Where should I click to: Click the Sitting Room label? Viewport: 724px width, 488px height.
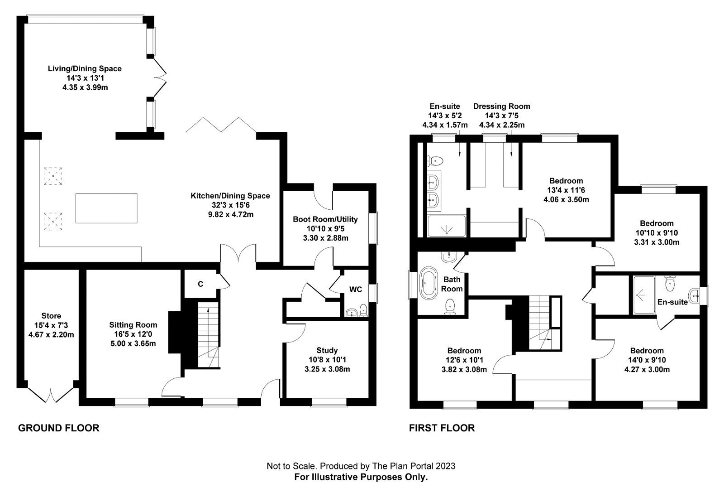pos(133,324)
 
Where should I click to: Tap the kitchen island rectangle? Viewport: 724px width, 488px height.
pos(106,208)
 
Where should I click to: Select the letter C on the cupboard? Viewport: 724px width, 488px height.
pos(200,284)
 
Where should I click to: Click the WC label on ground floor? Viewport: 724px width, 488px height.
pos(356,290)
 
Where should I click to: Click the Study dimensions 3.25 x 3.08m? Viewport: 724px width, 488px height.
pos(327,369)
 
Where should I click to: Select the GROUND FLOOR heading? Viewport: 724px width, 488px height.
pos(58,428)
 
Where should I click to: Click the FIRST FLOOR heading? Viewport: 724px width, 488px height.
pos(442,428)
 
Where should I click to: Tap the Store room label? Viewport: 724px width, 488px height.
pos(51,316)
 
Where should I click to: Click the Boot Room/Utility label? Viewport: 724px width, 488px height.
pos(325,219)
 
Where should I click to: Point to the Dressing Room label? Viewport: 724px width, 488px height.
pos(501,106)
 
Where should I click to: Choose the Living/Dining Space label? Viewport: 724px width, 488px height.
pos(85,69)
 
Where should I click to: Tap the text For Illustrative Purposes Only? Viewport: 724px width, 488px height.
pos(361,477)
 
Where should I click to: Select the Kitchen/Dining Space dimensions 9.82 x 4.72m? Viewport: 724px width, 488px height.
pos(230,214)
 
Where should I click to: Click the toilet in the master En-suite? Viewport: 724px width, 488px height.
pos(436,160)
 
